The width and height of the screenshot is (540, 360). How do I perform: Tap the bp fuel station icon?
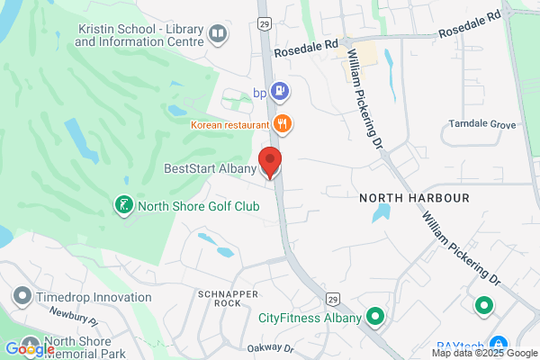tap(282, 91)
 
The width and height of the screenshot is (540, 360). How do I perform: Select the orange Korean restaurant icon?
tap(282, 124)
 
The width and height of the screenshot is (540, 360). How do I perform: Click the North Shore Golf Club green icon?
tap(123, 206)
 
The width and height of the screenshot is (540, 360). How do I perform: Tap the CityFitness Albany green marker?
tap(374, 317)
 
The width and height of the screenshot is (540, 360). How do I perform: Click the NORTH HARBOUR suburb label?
tap(414, 197)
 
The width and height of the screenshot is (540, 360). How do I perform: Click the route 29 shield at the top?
tap(263, 21)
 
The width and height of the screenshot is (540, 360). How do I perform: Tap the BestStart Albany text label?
tap(209, 168)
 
